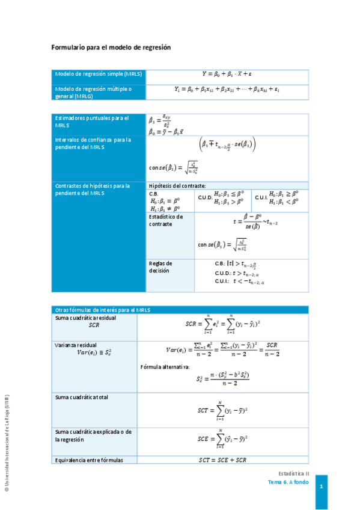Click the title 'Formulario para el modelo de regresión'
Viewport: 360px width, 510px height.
click(111, 48)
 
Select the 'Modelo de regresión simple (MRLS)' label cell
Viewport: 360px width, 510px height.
click(98, 75)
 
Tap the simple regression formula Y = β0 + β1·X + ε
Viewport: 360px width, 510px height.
click(227, 74)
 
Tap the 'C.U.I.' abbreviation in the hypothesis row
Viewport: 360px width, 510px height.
click(261, 197)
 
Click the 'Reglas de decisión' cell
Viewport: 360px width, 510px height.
click(160, 267)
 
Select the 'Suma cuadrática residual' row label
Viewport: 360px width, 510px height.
click(85, 318)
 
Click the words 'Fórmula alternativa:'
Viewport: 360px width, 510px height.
click(165, 366)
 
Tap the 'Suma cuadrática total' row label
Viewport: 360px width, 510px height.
click(82, 398)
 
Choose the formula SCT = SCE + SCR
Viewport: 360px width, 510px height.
click(222, 460)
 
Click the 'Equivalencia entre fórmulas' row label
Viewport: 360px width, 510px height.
click(89, 460)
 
